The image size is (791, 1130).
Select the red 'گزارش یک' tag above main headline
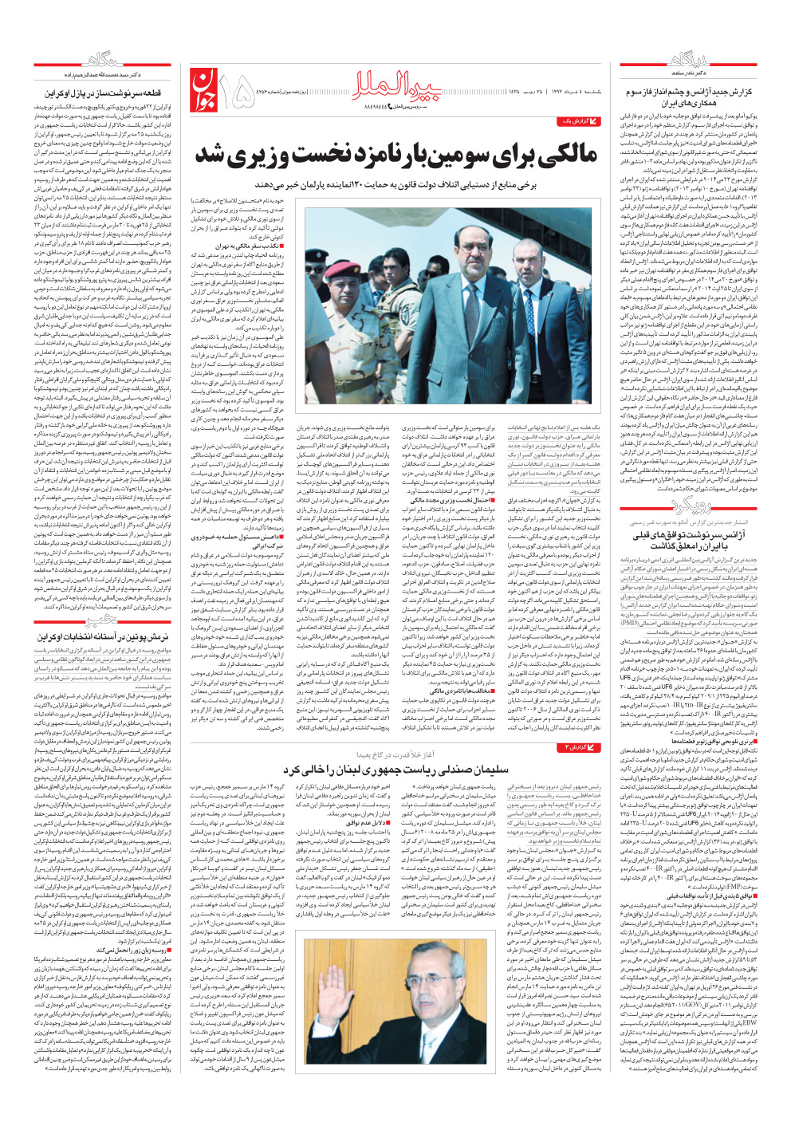(577, 121)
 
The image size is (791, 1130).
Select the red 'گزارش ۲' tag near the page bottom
(577, 746)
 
